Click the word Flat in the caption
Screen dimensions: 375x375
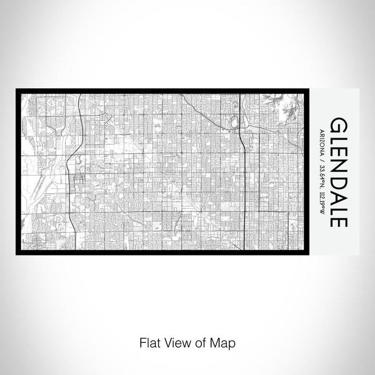[150, 342]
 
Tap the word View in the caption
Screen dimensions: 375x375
[177, 342]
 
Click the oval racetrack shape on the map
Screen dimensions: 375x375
[235, 123]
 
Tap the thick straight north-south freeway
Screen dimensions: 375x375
[244, 177]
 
